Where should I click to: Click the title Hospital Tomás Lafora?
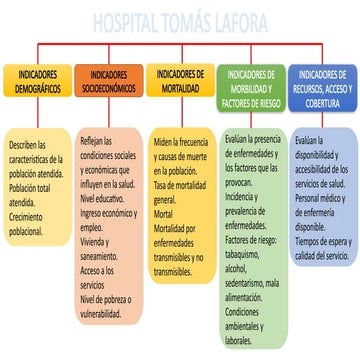180,22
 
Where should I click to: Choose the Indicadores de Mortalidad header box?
179,81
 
